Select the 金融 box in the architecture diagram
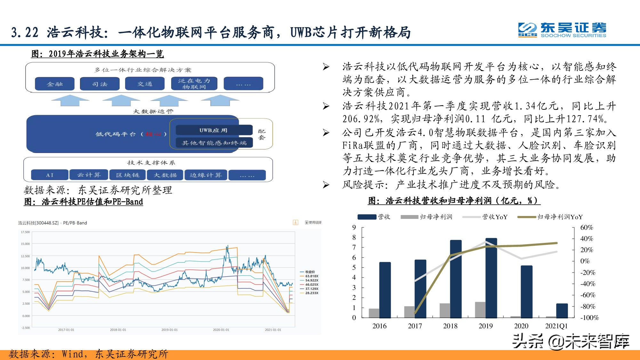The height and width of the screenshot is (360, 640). pyautogui.click(x=55, y=84)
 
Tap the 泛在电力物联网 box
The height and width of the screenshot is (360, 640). pyautogui.click(x=194, y=84)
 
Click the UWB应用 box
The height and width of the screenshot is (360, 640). pyautogui.click(x=213, y=130)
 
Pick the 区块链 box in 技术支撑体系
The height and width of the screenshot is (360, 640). pyautogui.click(x=128, y=175)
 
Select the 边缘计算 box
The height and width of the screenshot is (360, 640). pyautogui.click(x=205, y=175)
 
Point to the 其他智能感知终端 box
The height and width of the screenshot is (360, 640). pyautogui.click(x=214, y=143)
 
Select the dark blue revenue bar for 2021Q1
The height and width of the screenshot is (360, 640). pyautogui.click(x=562, y=310)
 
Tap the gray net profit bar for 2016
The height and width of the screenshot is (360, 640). pyautogui.click(x=374, y=313)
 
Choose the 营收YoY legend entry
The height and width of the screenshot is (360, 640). pyautogui.click(x=494, y=217)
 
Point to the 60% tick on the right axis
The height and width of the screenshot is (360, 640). pyautogui.click(x=587, y=228)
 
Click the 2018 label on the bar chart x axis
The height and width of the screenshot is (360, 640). pyautogui.click(x=450, y=326)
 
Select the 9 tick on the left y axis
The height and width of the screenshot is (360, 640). pyautogui.click(x=354, y=228)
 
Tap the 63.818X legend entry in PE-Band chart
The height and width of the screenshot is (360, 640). pyautogui.click(x=311, y=276)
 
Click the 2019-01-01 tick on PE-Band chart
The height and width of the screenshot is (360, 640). pyautogui.click(x=169, y=330)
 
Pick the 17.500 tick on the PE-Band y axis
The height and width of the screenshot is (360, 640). pyautogui.click(x=25, y=232)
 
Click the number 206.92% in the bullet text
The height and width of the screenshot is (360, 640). pyautogui.click(x=362, y=119)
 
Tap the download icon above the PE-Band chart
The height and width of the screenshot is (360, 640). pyautogui.click(x=295, y=222)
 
